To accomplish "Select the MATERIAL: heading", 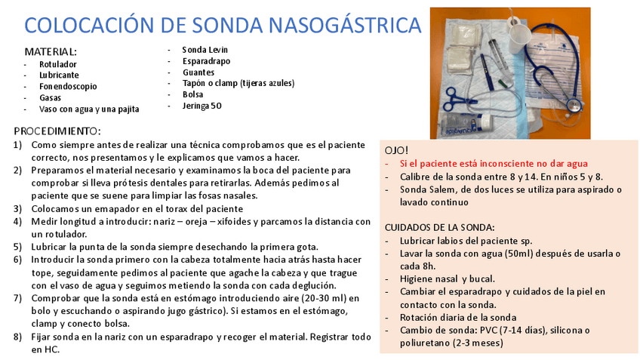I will (x=51, y=52).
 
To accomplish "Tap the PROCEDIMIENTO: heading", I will (x=57, y=131).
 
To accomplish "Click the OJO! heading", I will (x=396, y=150).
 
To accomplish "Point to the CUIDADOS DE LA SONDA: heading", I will (x=440, y=226).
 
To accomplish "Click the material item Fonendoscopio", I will (x=68, y=86).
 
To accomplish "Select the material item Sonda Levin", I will (x=204, y=50).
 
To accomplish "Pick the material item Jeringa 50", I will (x=202, y=106).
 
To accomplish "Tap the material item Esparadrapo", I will (x=206, y=61).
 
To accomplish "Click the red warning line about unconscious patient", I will (x=494, y=163).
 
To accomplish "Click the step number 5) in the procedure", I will (x=17, y=247).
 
